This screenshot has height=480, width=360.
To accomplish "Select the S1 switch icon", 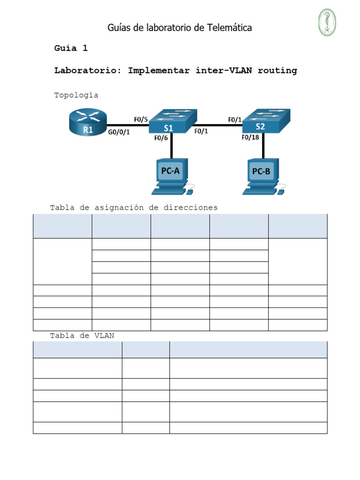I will (x=172, y=122).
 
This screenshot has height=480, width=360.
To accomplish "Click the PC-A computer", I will (x=171, y=176).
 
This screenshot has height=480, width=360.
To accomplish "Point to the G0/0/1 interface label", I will (x=119, y=133).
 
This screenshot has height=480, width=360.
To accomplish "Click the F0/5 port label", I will (x=141, y=120).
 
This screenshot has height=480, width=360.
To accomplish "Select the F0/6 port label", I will (x=161, y=138).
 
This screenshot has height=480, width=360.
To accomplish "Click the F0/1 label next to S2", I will (x=235, y=120).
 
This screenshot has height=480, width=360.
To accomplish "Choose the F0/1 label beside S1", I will (x=201, y=132).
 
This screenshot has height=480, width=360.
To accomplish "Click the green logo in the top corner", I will (x=328, y=22).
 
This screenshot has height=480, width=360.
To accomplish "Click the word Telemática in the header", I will (x=230, y=28).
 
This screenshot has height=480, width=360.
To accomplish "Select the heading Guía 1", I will (x=71, y=48).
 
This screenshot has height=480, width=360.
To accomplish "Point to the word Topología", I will (x=76, y=95).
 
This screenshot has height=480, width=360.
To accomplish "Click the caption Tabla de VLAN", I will (x=82, y=336).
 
